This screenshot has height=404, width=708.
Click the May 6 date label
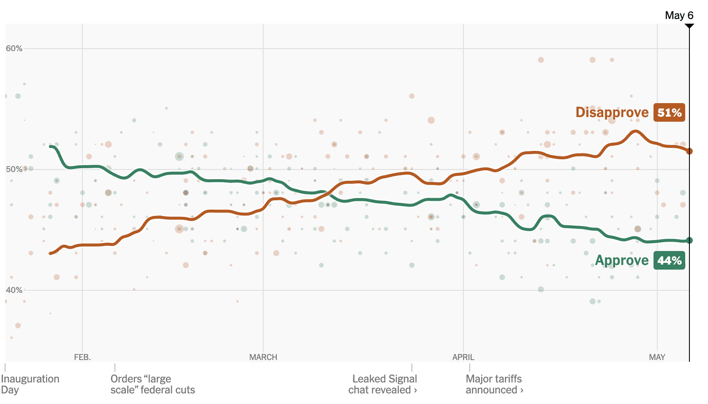point(679,16)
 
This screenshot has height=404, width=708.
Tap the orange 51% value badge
point(669,112)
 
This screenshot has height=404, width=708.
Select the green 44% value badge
point(669,260)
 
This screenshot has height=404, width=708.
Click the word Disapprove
point(612,112)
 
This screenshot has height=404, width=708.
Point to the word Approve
point(622,260)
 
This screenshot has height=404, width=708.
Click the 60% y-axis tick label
point(14,48)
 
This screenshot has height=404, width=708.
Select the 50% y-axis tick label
point(14,169)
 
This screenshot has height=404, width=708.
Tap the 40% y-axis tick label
point(14,290)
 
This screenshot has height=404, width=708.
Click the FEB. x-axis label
point(82,358)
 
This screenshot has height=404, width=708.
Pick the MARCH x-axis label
point(263,358)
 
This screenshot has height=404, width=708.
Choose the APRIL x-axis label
point(463,358)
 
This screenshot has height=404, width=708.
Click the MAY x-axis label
point(657,358)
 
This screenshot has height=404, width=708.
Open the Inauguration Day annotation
point(30,384)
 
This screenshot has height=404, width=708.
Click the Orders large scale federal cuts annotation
point(152,384)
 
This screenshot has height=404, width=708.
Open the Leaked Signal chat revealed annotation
point(383,384)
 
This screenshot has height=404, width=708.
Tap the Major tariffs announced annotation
point(494,384)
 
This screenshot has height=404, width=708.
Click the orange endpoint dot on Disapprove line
point(689,151)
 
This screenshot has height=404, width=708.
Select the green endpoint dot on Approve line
point(689,240)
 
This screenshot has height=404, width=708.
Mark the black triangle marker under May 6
point(689,26)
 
